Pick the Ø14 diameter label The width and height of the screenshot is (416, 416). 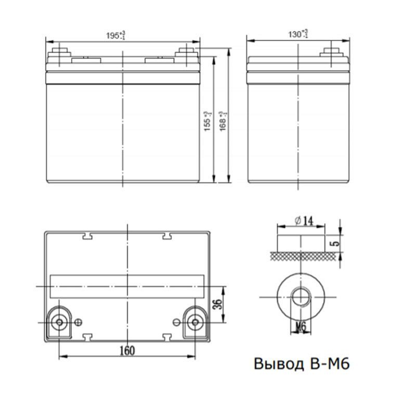(x=302, y=221)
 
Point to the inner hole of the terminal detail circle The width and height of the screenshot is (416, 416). (x=301, y=297)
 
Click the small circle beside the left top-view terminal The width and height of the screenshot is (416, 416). (x=79, y=322)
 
